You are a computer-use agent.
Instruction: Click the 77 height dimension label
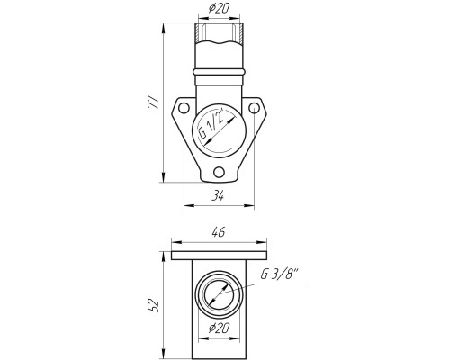tap(153, 103)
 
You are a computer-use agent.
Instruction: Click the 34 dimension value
tap(219, 196)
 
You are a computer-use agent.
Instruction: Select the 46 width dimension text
tap(219, 232)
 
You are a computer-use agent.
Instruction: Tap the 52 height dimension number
tap(154, 305)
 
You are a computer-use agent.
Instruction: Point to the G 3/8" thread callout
tap(280, 274)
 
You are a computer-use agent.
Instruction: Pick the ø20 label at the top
tap(219, 9)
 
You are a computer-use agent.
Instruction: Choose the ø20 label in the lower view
tap(219, 328)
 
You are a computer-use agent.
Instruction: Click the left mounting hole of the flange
tap(184, 108)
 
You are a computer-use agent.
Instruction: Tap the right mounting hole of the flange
tap(254, 108)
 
